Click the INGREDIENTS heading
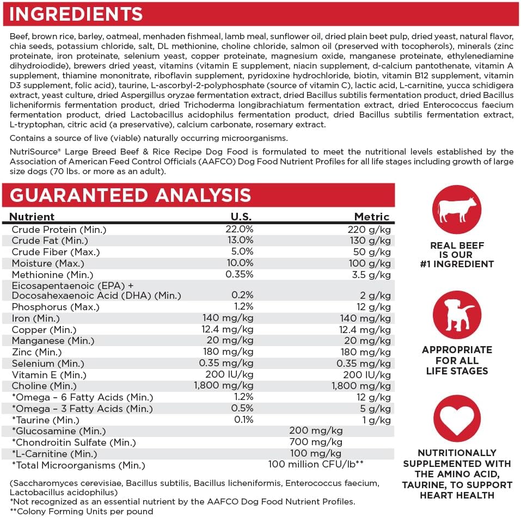76,14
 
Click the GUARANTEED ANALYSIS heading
130,195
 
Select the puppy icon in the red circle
457,315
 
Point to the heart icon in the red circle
457,420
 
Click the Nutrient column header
32,217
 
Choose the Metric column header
372,217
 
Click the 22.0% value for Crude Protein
240,229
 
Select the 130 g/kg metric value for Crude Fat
370,241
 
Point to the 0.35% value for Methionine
240,275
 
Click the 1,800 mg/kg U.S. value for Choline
224,386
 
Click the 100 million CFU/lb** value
316,465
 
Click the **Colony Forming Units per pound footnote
82,511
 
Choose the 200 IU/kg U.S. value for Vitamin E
230,374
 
